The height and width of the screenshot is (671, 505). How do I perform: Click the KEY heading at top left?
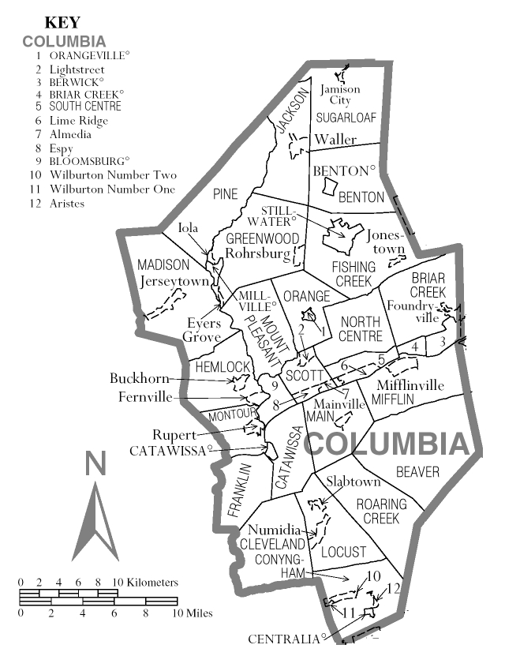click(62, 24)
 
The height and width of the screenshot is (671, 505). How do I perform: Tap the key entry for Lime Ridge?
click(79, 120)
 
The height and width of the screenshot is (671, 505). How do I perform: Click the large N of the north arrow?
click(95, 465)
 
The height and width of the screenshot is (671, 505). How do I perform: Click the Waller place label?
click(331, 140)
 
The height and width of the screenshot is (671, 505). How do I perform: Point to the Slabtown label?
click(352, 481)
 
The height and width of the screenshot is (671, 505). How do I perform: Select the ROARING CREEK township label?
click(381, 511)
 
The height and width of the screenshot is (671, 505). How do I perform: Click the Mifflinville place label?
click(410, 385)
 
